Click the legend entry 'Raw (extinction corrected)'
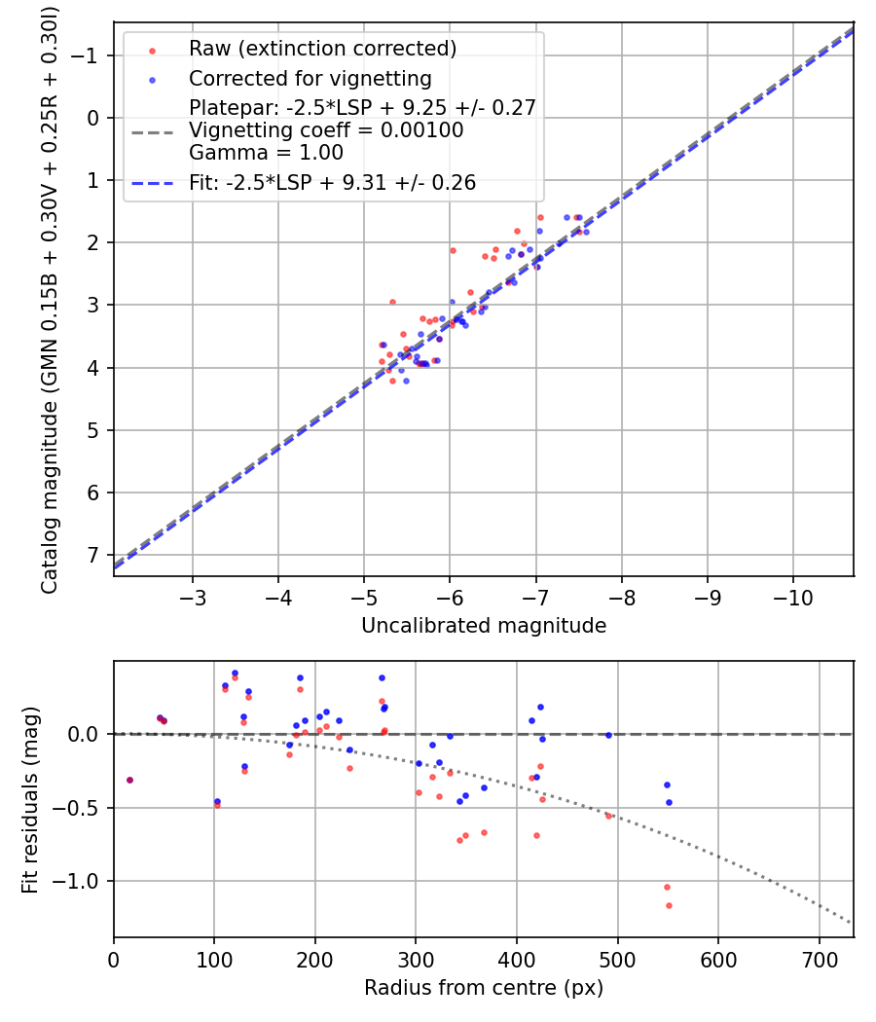[322, 48]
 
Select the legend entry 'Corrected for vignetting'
[310, 78]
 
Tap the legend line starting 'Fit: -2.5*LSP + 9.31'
[332, 182]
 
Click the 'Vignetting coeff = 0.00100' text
[326, 130]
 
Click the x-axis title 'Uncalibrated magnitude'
[484, 626]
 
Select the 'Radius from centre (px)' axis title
[484, 988]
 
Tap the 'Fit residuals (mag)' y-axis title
[30, 799]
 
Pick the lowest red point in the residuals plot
[669, 905]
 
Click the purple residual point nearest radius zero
[129, 780]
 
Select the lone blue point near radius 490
[608, 735]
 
